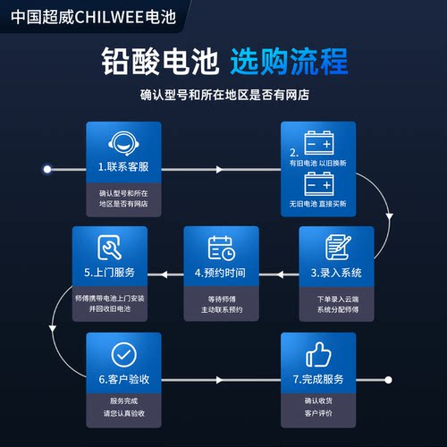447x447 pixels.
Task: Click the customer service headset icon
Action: point(123,143)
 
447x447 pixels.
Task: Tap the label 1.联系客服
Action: point(123,167)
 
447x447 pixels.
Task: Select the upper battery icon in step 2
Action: point(319,142)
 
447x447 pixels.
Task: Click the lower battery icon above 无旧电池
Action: point(319,183)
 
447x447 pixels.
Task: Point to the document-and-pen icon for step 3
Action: point(338,247)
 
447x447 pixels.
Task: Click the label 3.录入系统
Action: point(336,273)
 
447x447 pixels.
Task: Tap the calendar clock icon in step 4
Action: point(221,249)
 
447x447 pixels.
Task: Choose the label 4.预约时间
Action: point(220,273)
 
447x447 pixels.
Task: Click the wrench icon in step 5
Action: point(109,247)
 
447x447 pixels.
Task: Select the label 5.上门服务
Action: point(109,273)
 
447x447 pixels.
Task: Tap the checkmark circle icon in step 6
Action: point(123,355)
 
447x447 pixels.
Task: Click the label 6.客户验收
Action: point(124,379)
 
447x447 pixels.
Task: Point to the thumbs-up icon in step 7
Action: point(318,355)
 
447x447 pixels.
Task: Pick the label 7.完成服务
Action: point(318,379)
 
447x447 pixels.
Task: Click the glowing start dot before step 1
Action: point(47,169)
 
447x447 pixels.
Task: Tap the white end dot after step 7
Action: point(388,380)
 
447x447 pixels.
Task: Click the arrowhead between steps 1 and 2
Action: point(219,170)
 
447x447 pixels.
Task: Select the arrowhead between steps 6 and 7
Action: point(219,380)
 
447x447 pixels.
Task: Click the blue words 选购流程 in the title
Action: point(289,62)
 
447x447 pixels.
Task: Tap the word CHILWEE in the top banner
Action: point(109,17)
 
